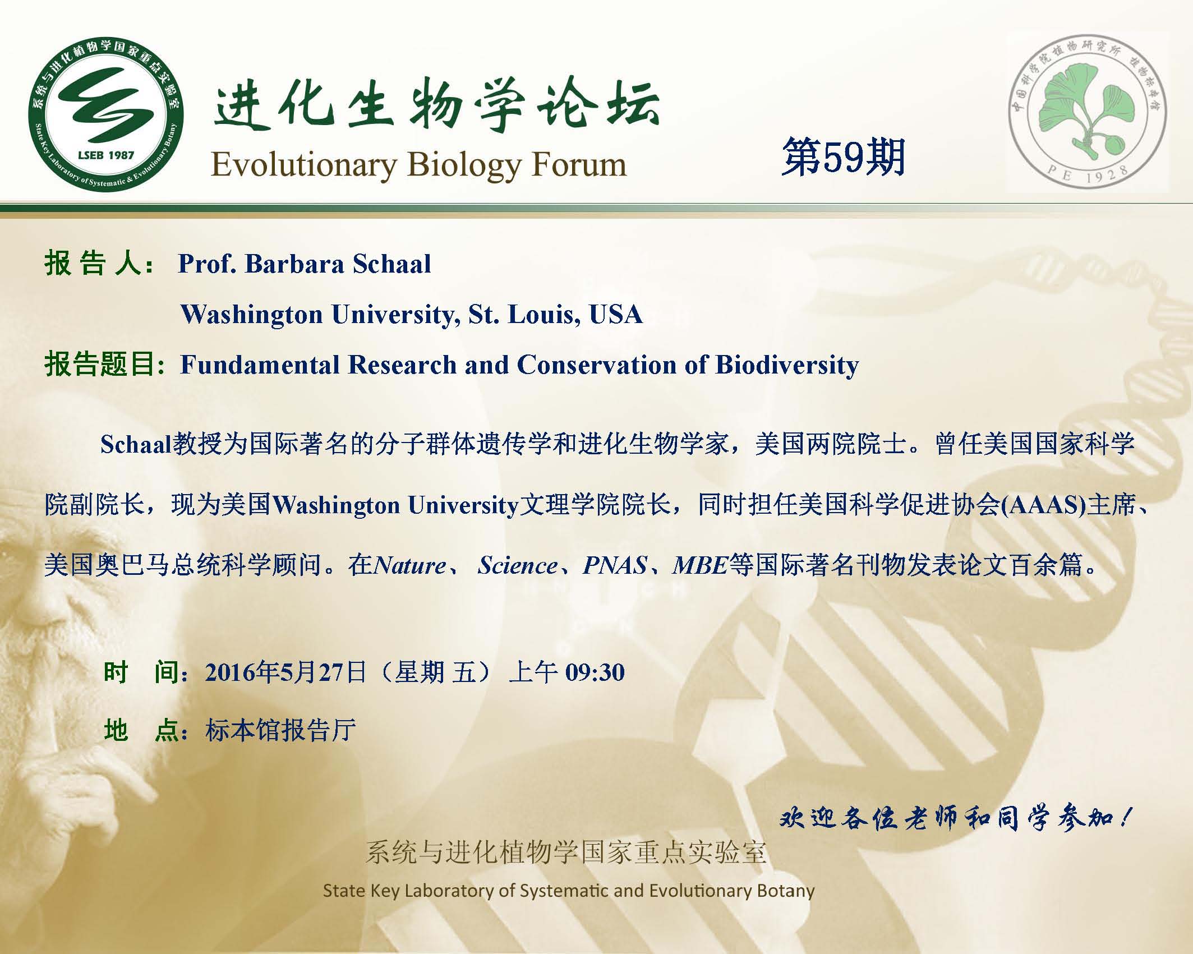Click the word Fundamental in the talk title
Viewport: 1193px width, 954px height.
(262, 365)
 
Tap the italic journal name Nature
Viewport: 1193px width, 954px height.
(410, 565)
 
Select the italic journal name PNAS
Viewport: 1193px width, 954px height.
(615, 565)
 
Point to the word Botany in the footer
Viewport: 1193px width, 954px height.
(785, 891)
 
